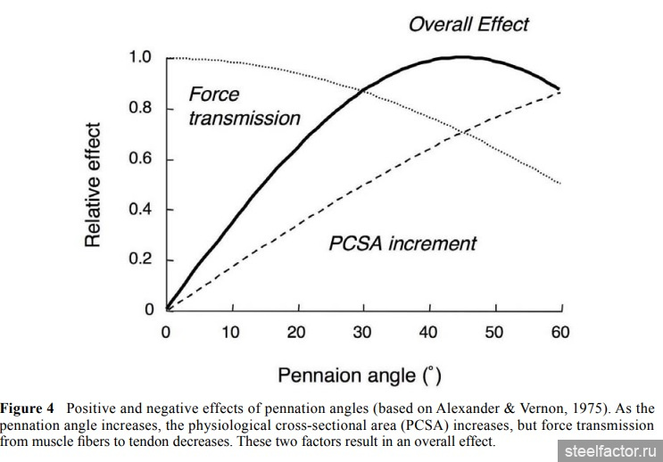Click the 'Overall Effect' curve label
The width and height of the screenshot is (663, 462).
[x=468, y=23]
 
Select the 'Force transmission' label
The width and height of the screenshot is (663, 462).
[x=244, y=106]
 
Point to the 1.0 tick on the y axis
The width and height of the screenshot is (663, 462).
[x=140, y=59]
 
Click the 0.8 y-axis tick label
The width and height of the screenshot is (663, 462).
[x=140, y=109]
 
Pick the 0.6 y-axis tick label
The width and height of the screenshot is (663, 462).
[x=140, y=160]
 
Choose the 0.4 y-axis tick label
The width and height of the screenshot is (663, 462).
[x=140, y=210]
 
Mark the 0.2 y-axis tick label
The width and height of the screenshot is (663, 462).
[x=140, y=260]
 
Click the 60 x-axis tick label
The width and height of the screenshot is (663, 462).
[x=561, y=333]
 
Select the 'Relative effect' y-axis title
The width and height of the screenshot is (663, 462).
[x=94, y=185]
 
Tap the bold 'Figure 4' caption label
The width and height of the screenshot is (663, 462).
[x=29, y=408]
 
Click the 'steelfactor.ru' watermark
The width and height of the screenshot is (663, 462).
[x=609, y=450]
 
